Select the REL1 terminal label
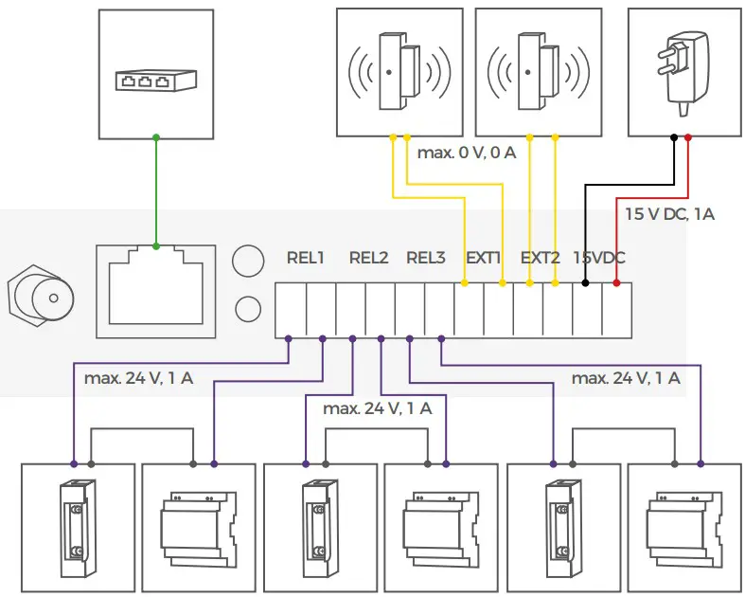306,257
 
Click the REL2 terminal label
368,257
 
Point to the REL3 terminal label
426,257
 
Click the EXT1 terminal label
484,257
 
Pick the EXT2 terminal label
541,257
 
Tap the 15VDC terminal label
599,257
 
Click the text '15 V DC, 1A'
669,215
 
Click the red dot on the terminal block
616,282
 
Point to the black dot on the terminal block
587,282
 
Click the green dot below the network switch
155,137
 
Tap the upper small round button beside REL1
247,260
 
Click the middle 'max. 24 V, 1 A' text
377,408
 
